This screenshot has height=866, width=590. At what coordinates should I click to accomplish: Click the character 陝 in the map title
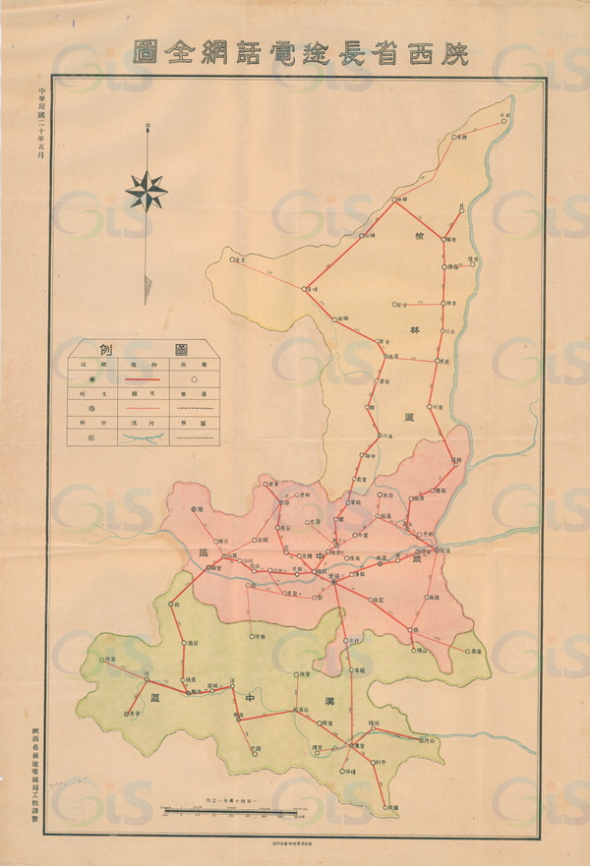[x=451, y=51]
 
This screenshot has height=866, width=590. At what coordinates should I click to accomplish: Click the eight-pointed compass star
[x=147, y=190]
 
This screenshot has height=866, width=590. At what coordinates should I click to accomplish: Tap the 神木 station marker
[x=457, y=137]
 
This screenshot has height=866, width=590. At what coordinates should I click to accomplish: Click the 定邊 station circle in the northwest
[x=228, y=260]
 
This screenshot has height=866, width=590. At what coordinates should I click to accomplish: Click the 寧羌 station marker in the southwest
[x=127, y=714]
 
